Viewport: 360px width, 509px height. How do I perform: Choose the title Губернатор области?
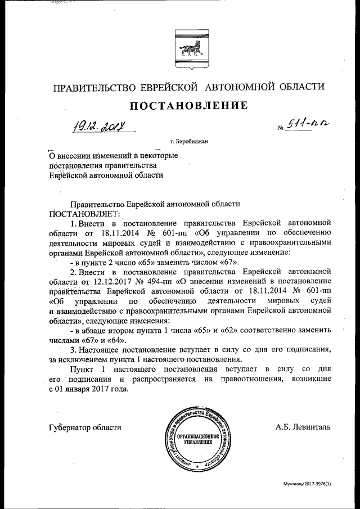85,427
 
